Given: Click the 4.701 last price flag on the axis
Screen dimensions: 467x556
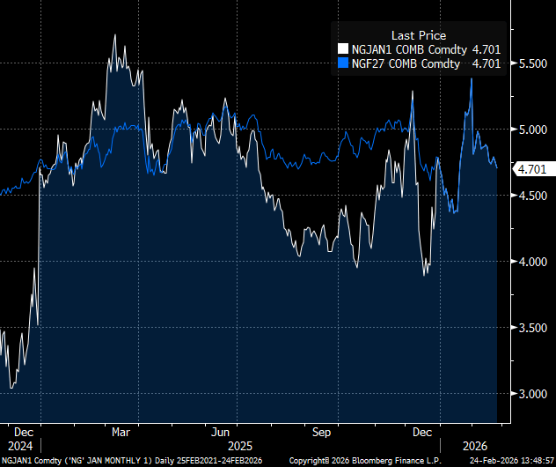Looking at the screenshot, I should pyautogui.click(x=530, y=169).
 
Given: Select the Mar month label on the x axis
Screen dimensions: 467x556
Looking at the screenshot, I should pyautogui.click(x=122, y=432).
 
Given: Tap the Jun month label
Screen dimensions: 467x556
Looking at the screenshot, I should pyautogui.click(x=221, y=432).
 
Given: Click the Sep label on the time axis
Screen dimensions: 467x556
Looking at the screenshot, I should pyautogui.click(x=321, y=432).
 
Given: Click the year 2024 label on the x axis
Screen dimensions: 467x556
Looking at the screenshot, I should pyautogui.click(x=20, y=446).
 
